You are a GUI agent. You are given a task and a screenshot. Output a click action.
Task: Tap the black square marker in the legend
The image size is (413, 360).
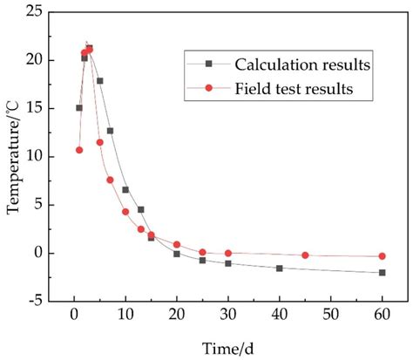coord(209,64)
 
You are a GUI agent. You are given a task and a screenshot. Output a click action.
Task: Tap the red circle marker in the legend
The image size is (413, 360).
coord(209,89)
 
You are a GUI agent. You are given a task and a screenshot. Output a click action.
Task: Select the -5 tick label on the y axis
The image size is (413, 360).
coord(39,302)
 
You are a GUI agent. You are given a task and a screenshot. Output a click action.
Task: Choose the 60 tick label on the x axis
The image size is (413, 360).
coord(382,315)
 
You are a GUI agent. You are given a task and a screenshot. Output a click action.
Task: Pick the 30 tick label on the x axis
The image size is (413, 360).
coord(228,315)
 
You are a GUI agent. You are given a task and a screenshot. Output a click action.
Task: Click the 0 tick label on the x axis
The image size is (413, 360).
coord(74,315)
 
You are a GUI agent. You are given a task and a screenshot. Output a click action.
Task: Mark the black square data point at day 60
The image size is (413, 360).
coord(382,273)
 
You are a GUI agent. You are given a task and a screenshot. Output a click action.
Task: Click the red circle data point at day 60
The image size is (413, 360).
coord(382,256)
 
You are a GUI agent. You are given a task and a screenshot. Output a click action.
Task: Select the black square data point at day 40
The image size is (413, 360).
coord(280,268)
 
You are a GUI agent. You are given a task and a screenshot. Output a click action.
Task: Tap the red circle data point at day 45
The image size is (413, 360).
coord(305,255)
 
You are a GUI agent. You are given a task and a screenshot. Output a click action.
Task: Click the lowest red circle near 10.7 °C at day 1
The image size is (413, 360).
coord(79,150)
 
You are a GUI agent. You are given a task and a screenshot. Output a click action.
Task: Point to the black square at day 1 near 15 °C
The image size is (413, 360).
coord(79,108)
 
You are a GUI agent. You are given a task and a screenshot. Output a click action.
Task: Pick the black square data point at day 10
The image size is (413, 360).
coord(125,190)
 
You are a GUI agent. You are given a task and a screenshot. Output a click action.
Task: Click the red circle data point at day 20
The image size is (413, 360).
coord(177,245)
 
